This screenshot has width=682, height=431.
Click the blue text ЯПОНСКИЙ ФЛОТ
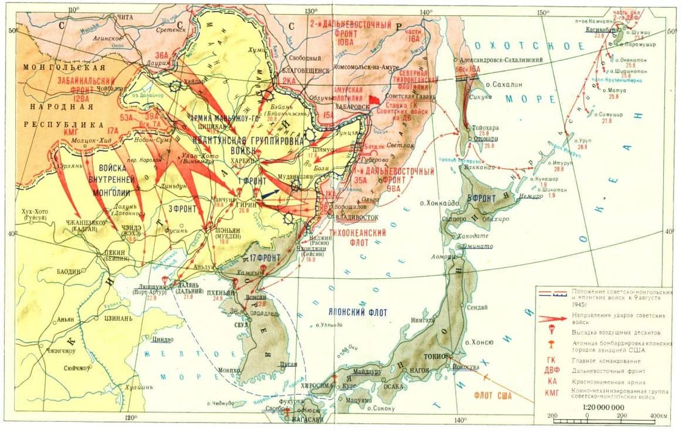[x=354, y=313]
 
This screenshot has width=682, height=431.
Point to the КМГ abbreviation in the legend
[x=551, y=394]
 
